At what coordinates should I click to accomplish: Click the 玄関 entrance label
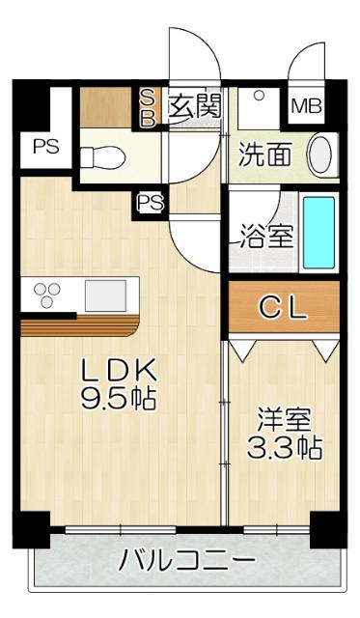pyautogui.click(x=195, y=105)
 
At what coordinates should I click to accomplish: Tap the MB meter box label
pyautogui.click(x=307, y=105)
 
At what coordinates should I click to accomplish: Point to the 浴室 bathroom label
pyautogui.click(x=266, y=237)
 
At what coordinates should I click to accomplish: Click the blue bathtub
pyautogui.click(x=318, y=234)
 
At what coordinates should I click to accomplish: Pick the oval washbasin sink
pyautogui.click(x=321, y=154)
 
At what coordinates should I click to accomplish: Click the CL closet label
pyautogui.click(x=284, y=308)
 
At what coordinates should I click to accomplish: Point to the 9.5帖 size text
pyautogui.click(x=118, y=399)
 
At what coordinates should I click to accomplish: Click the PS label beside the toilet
pyautogui.click(x=43, y=148)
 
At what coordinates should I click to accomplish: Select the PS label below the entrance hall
pyautogui.click(x=150, y=202)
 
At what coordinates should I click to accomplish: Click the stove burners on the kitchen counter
pyautogui.click(x=47, y=293)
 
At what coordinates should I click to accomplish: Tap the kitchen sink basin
pyautogui.click(x=102, y=294)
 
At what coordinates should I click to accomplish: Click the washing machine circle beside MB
pyautogui.click(x=260, y=97)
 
